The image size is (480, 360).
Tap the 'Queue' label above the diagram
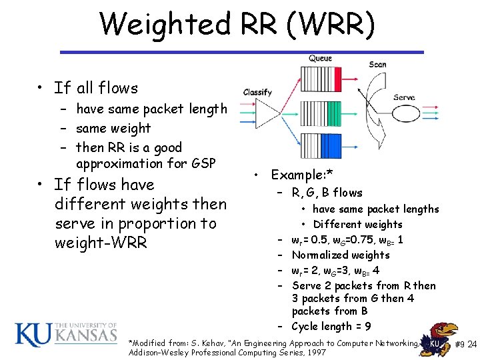(320, 59)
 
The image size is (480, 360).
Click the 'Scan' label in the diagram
(377, 65)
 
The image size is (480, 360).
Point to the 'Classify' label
(257, 92)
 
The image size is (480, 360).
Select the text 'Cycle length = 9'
(331, 326)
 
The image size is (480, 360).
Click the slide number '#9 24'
(465, 345)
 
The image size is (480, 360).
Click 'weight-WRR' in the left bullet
(101, 243)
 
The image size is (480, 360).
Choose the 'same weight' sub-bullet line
(113, 128)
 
